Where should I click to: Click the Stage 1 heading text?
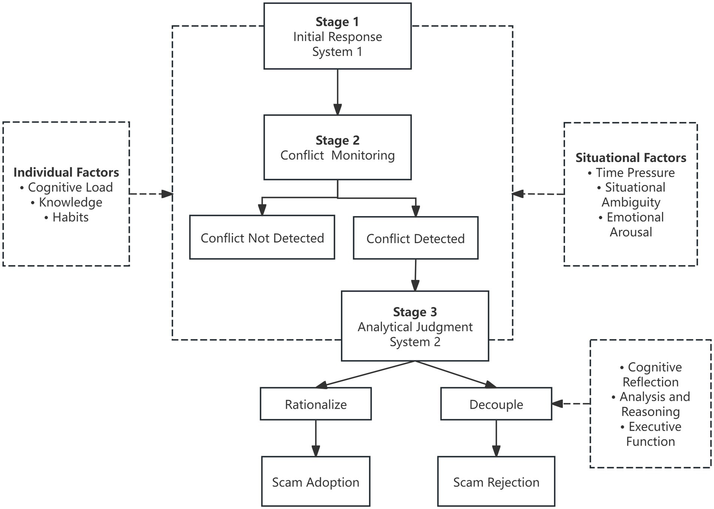click(x=337, y=22)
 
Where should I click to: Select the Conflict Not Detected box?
click(x=262, y=238)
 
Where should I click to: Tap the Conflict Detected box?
click(x=415, y=238)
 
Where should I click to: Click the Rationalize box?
click(x=315, y=404)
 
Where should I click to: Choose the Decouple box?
click(x=496, y=404)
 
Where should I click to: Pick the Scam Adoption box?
click(x=315, y=482)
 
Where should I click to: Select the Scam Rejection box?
click(x=496, y=482)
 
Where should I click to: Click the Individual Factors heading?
click(x=66, y=172)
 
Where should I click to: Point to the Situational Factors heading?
click(x=631, y=158)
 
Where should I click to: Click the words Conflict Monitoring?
click(x=337, y=155)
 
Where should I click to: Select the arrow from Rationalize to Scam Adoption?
click(x=315, y=438)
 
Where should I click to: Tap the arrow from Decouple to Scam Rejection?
click(x=496, y=438)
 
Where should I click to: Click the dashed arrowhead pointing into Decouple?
click(x=557, y=404)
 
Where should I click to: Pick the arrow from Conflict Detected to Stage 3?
click(x=415, y=275)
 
